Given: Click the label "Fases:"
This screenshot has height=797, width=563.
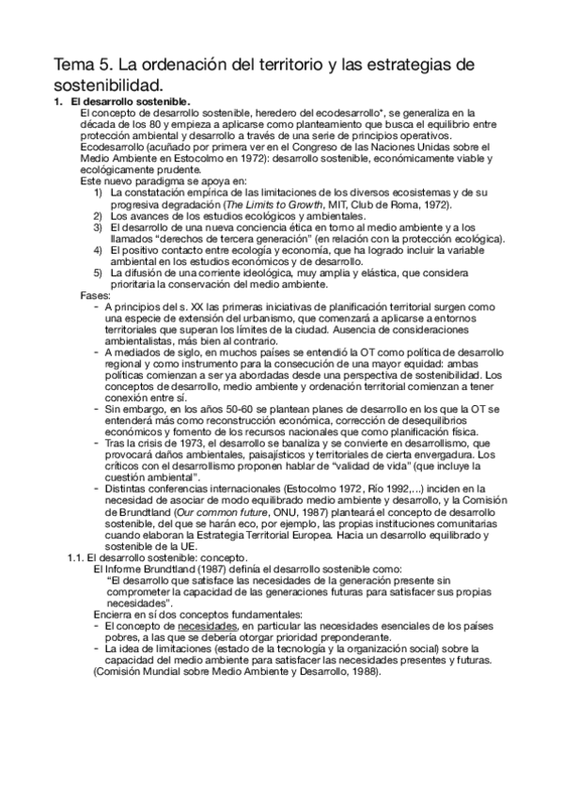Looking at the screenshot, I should (x=97, y=295).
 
